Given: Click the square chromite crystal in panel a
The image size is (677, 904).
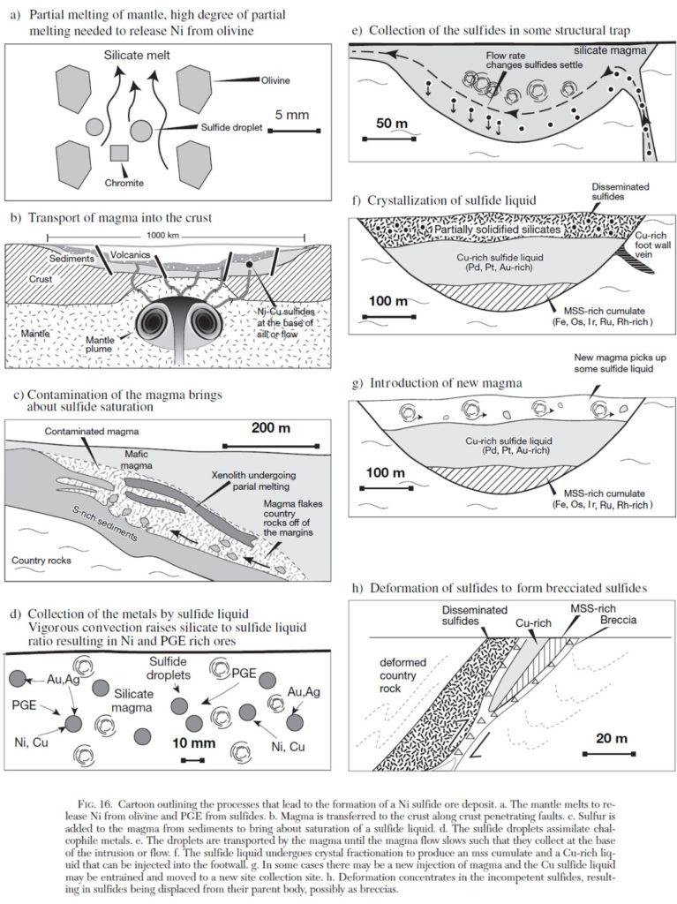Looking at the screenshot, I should [119, 153].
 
